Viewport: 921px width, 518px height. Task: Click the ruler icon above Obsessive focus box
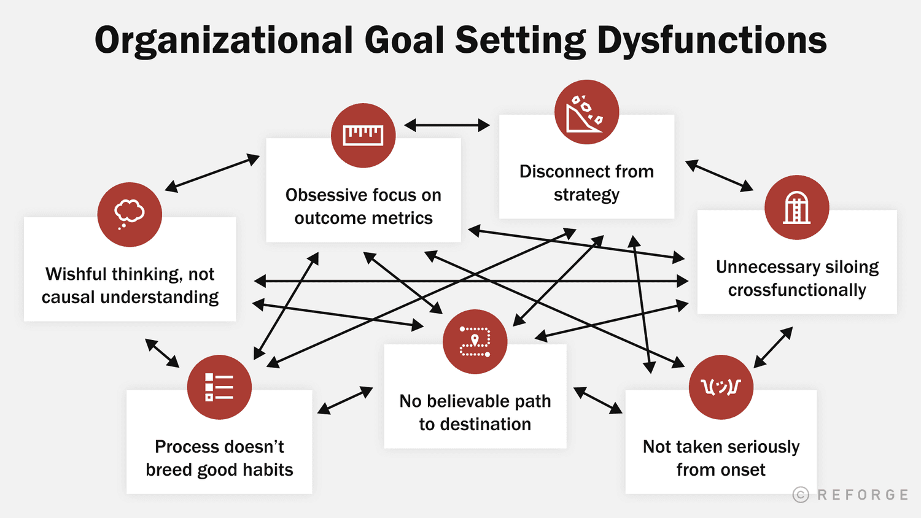[363, 135]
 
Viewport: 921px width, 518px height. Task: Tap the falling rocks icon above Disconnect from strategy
[586, 112]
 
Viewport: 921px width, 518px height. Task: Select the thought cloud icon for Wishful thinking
[130, 214]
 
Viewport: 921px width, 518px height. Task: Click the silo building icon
[796, 207]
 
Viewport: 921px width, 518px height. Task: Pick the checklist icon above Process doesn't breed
[219, 387]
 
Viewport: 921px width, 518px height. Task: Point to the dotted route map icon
[475, 342]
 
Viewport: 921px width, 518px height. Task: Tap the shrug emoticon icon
[721, 387]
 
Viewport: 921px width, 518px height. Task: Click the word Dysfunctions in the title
[712, 41]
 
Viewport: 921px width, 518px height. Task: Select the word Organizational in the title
[223, 41]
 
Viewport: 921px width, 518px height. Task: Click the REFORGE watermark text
[863, 495]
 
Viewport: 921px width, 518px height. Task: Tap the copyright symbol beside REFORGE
[801, 495]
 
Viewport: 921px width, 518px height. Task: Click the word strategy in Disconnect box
[586, 195]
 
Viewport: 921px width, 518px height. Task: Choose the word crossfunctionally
[797, 290]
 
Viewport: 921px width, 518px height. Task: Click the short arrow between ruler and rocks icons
[446, 125]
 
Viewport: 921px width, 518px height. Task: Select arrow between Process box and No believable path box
[345, 400]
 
